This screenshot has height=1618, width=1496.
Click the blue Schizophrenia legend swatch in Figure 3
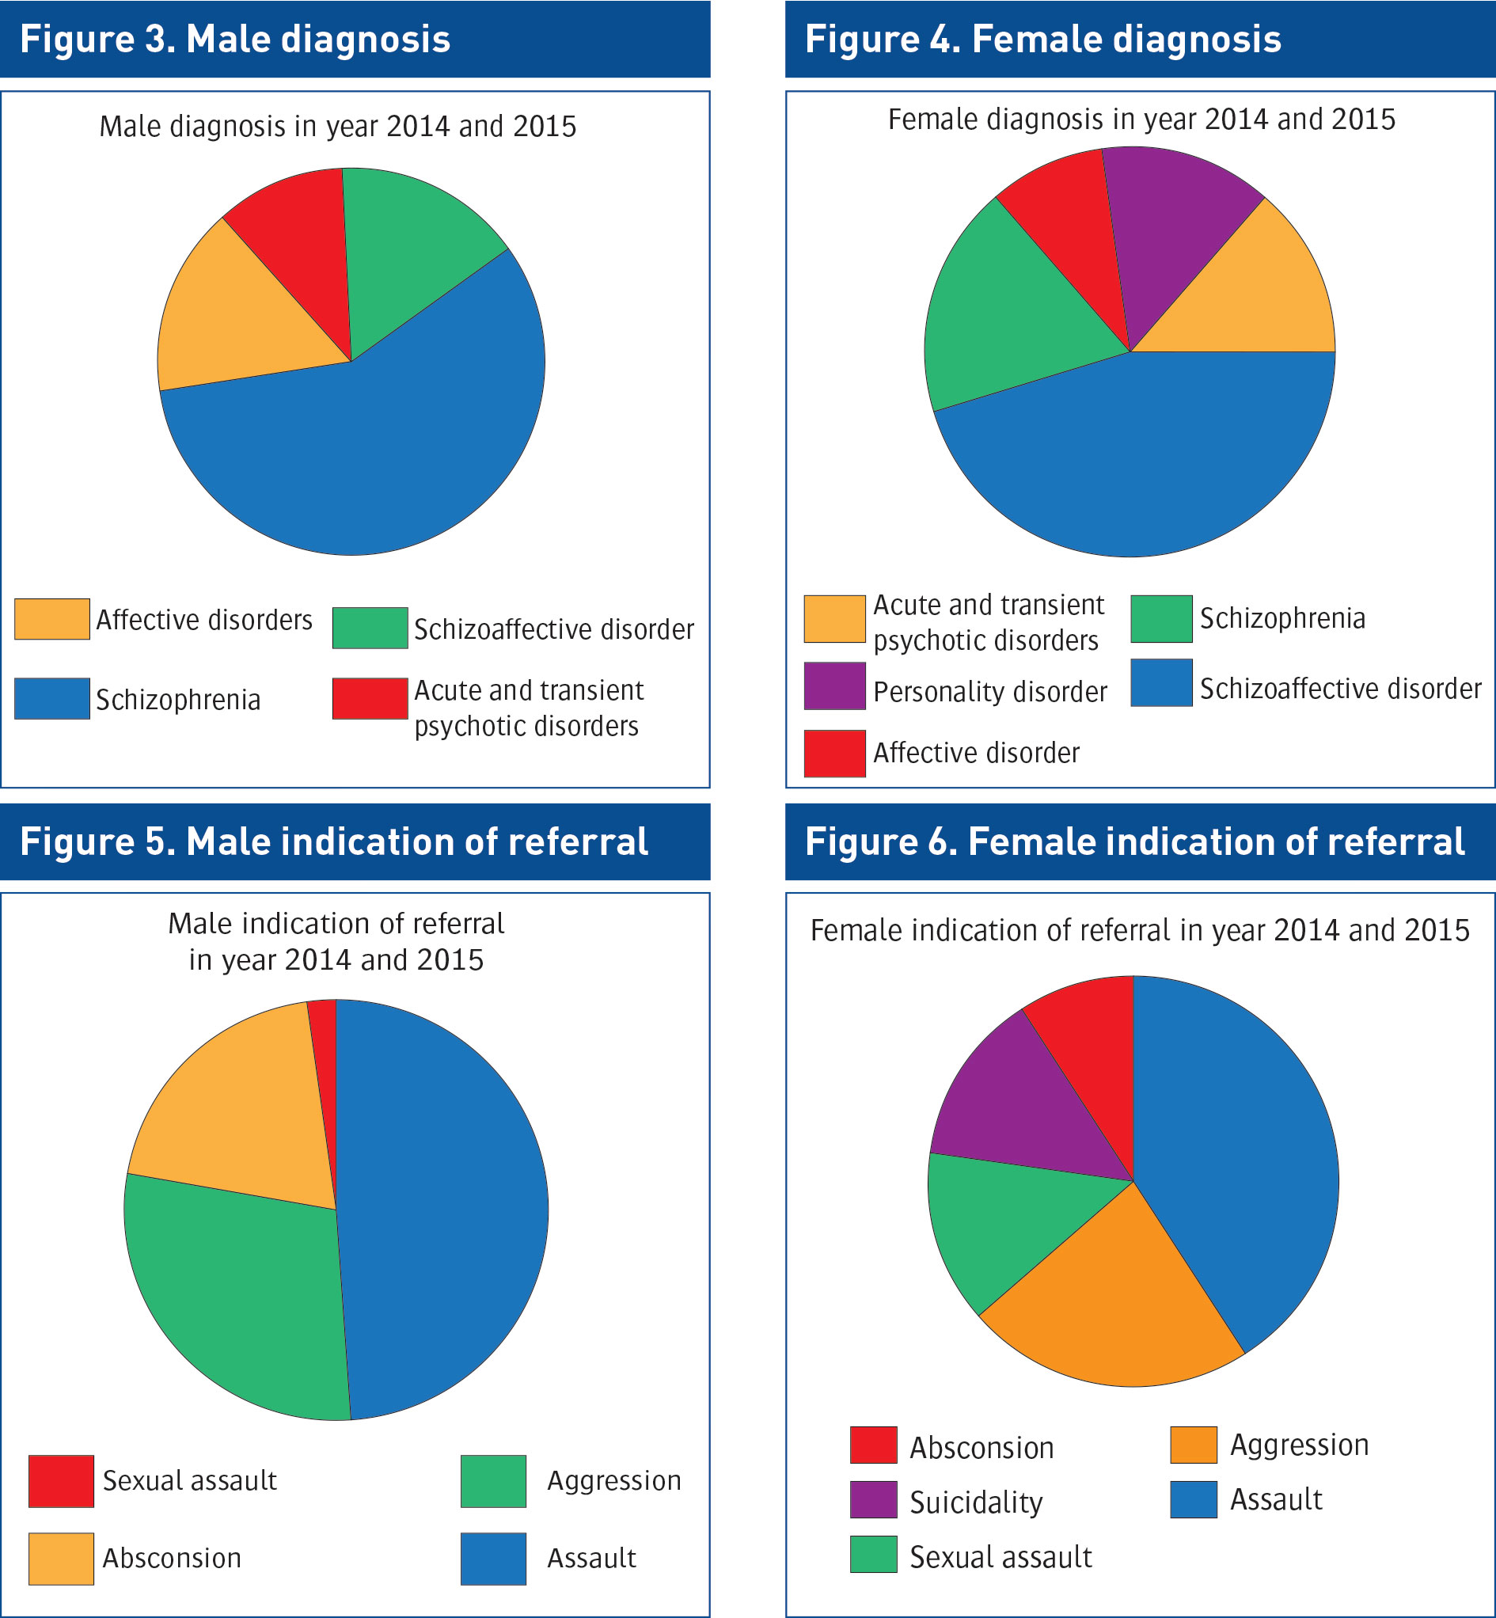(51, 698)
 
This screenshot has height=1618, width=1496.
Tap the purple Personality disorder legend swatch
(834, 686)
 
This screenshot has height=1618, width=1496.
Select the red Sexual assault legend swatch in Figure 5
(61, 1481)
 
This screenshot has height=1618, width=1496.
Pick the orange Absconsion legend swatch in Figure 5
(61, 1558)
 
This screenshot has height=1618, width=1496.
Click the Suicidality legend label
(975, 1503)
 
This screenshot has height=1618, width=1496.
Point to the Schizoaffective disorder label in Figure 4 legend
(1340, 689)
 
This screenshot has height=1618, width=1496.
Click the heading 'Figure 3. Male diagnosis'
(235, 39)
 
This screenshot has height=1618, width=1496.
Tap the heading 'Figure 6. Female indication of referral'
(1134, 841)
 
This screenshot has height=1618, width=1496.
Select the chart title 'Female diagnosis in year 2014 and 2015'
(1141, 120)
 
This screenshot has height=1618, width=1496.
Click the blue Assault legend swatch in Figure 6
(1194, 1500)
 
